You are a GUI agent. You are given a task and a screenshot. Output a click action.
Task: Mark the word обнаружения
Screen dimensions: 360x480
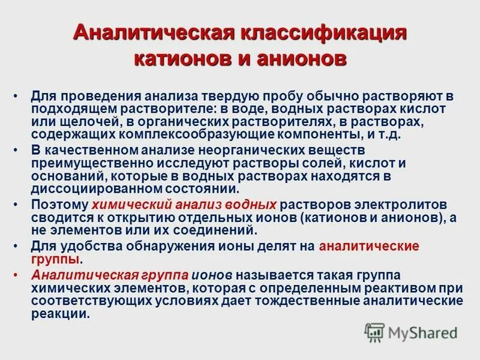point(154,246)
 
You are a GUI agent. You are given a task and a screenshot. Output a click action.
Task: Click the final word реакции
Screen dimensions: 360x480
point(59,313)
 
